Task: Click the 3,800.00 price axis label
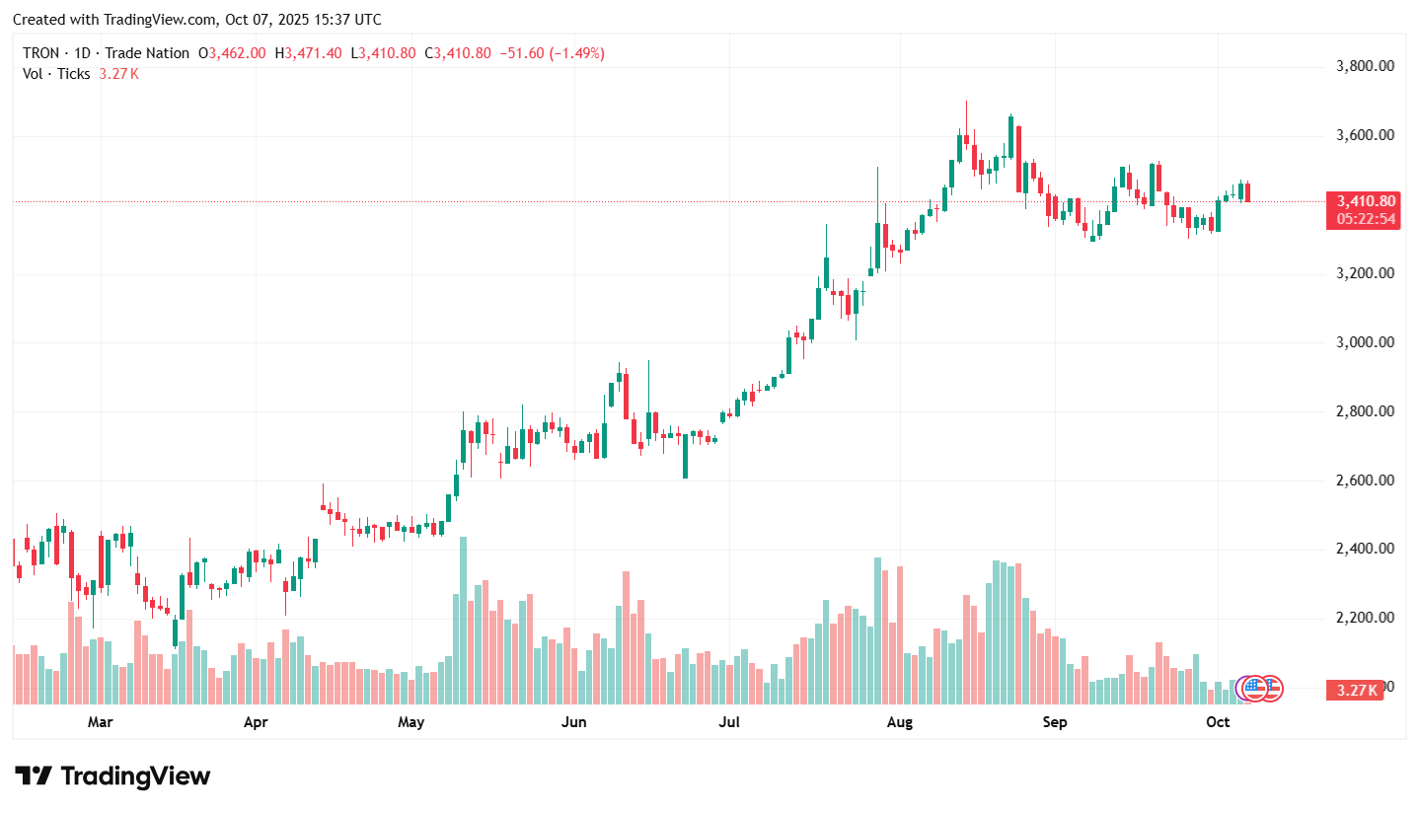click(x=1365, y=66)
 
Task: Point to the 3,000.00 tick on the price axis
click(x=1365, y=342)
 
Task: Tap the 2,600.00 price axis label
click(x=1365, y=480)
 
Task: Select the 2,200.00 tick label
click(x=1365, y=618)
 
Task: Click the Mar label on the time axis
click(x=100, y=722)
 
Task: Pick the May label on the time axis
click(x=411, y=722)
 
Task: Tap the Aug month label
click(x=899, y=722)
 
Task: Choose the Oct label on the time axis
click(x=1218, y=722)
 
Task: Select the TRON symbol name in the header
click(x=41, y=53)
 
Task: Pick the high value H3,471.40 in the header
click(x=313, y=53)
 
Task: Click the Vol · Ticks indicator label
click(x=56, y=74)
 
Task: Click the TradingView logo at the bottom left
click(x=112, y=776)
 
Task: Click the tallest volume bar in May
click(x=463, y=620)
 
